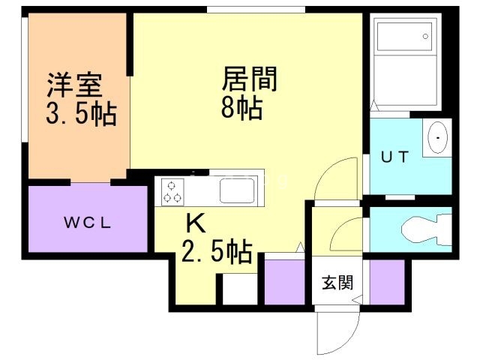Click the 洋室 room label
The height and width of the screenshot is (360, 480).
tap(74, 85)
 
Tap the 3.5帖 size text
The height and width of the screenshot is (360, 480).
tap(82, 114)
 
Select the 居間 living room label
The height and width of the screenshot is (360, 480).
tap(250, 79)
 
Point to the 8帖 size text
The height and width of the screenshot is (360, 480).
tap(241, 107)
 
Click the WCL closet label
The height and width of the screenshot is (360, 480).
tap(87, 223)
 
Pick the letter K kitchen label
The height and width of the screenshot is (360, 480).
tap(196, 223)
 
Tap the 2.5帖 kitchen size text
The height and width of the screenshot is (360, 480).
tap(217, 252)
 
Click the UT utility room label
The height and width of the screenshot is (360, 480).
tap(395, 157)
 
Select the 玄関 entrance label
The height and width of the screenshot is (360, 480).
tap(337, 282)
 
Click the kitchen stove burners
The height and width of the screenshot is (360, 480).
tap(172, 192)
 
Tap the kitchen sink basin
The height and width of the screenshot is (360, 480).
tap(237, 190)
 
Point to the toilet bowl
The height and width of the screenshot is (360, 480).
tap(426, 229)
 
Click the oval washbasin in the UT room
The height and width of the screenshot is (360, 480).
tap(437, 138)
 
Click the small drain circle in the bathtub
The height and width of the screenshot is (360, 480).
tap(425, 37)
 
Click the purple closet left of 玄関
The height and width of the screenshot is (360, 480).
tap(284, 282)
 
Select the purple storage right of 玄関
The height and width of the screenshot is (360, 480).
tap(387, 282)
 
